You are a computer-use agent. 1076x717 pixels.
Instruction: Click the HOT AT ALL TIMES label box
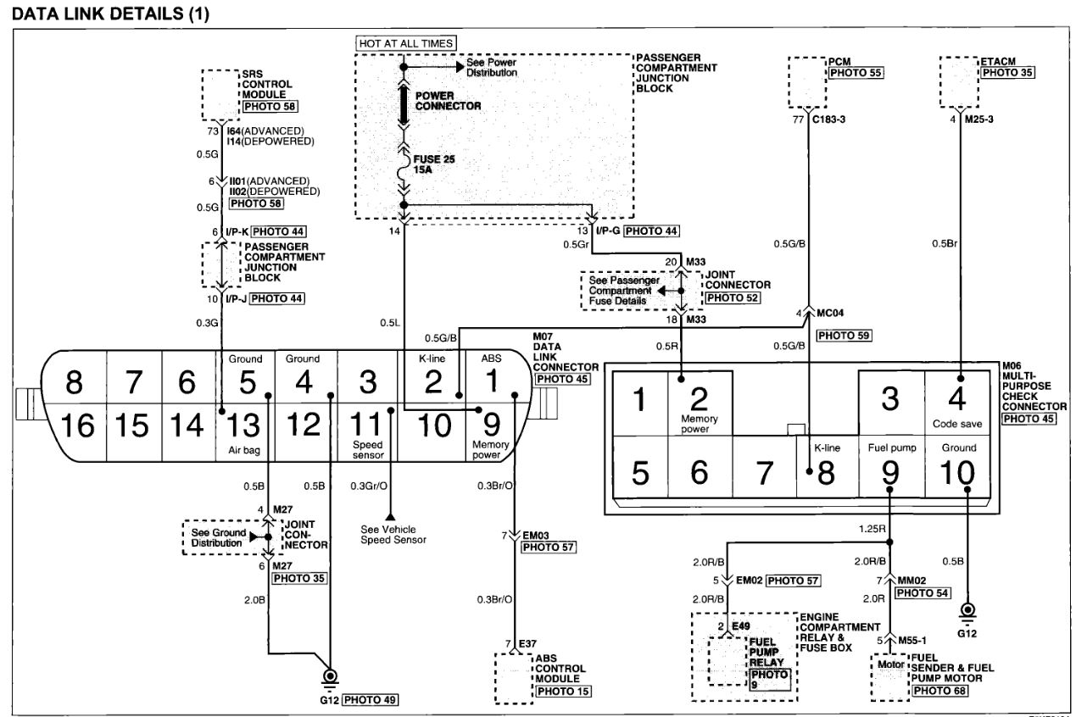click(406, 44)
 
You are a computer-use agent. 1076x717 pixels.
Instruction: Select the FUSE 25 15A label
click(434, 164)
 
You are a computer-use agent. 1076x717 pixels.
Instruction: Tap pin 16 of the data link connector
click(78, 425)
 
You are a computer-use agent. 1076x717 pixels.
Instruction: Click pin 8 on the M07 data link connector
click(74, 382)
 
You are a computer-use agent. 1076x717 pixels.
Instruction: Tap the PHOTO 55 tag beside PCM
click(856, 73)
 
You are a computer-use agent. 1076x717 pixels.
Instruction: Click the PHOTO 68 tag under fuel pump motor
click(939, 691)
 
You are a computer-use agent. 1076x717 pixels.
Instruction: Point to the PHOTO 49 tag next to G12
click(370, 700)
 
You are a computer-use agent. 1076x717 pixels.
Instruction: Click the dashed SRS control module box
click(220, 95)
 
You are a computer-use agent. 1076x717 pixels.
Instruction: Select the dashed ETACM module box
click(959, 81)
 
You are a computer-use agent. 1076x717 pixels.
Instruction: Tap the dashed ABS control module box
click(514, 678)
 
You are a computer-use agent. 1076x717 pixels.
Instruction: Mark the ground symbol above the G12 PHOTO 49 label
click(330, 677)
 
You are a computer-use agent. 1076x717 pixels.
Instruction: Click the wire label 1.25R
click(872, 529)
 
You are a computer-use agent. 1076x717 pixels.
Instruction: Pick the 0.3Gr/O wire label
click(369, 486)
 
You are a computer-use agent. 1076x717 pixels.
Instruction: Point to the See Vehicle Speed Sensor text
click(393, 535)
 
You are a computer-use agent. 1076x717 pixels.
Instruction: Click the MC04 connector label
click(830, 313)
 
